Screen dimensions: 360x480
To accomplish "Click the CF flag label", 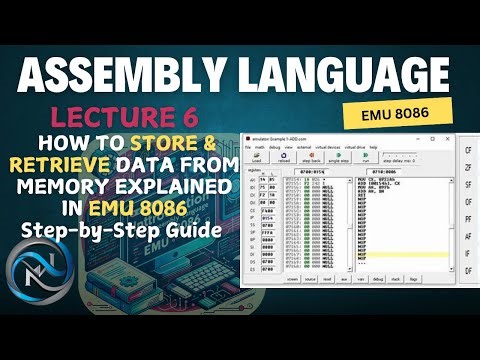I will click(469, 149).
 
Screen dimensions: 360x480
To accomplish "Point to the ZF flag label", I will click(469, 171).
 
